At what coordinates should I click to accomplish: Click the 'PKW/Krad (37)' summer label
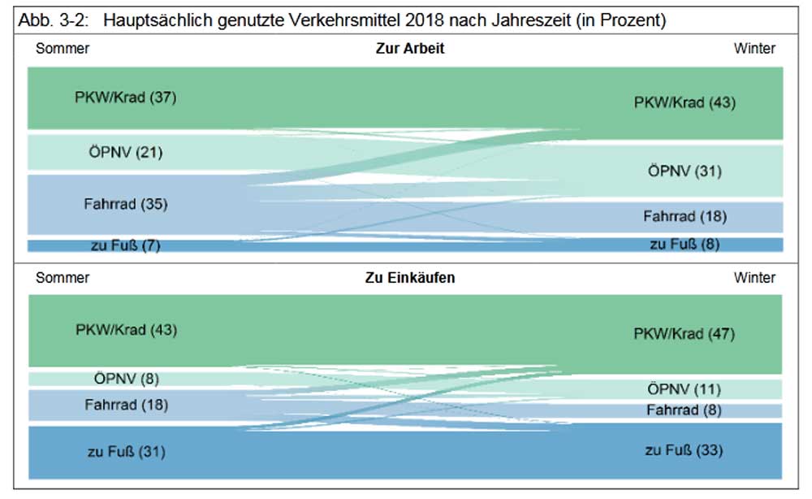pos(126,98)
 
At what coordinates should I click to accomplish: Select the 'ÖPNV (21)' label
pos(126,151)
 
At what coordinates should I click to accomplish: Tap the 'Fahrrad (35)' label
pos(126,204)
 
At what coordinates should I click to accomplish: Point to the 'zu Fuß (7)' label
pos(126,245)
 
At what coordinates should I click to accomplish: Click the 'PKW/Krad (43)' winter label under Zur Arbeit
pos(685,103)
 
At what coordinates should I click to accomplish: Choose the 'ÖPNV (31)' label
pos(685,171)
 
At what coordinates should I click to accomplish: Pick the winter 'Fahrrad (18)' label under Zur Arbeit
pos(685,216)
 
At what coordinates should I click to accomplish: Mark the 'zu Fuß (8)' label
pos(685,243)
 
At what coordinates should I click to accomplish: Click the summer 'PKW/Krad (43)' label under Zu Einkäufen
pos(126,330)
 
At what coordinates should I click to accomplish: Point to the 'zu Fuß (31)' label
pos(126,451)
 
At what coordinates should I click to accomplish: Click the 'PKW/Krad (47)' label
pos(685,334)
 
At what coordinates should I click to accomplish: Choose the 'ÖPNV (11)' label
pos(685,389)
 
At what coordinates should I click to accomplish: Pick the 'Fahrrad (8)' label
pos(685,410)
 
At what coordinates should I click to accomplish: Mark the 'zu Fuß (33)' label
pos(685,450)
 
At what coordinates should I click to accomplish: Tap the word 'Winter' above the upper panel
pos(754,49)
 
